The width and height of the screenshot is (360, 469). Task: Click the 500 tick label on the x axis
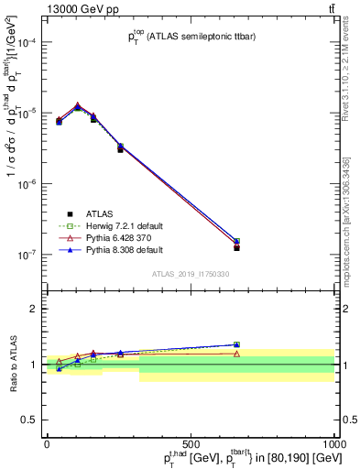pyautogui.click(x=191, y=442)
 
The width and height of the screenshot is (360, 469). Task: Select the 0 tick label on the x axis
pyautogui.click(x=47, y=442)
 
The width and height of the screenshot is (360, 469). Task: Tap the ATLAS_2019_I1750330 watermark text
pyautogui.click(x=190, y=274)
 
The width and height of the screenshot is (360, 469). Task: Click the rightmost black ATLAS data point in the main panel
pyautogui.click(x=236, y=248)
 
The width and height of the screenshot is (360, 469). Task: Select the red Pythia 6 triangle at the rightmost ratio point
pyautogui.click(x=236, y=354)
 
